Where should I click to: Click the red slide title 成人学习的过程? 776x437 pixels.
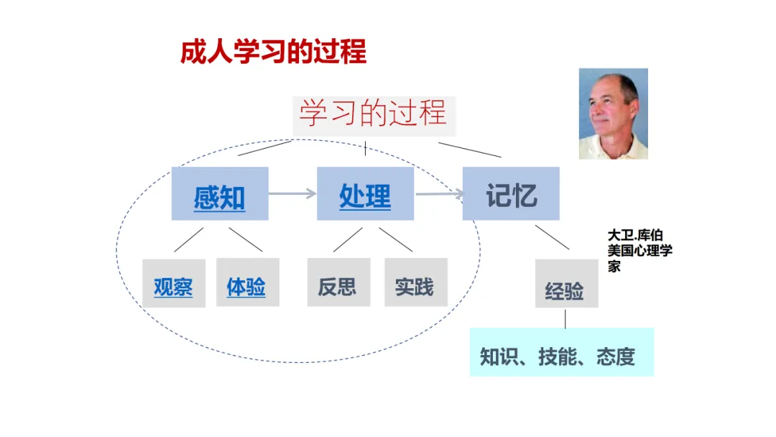(x=273, y=52)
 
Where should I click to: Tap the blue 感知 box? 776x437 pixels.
(x=220, y=194)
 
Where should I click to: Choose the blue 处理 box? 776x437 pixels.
(x=365, y=194)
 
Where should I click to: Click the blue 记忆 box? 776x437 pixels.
(x=511, y=194)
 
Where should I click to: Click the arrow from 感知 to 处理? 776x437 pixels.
(x=292, y=193)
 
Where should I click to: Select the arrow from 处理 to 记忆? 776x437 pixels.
(x=438, y=193)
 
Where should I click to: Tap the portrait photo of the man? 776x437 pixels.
(x=613, y=114)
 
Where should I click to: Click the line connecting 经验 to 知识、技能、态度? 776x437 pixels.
(x=565, y=318)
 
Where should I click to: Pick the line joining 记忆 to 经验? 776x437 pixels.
(x=552, y=237)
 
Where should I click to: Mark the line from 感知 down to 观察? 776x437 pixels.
(x=189, y=239)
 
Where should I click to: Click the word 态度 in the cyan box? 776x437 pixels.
(x=616, y=357)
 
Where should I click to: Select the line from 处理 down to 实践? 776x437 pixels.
(x=396, y=239)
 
